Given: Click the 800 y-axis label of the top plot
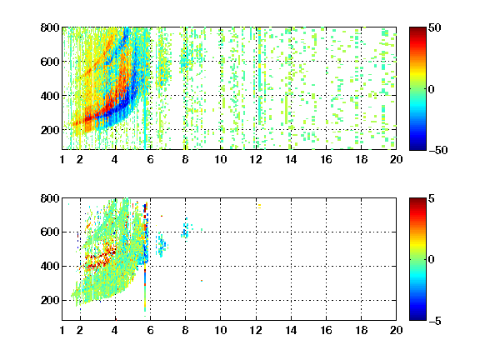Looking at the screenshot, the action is pos(50,27).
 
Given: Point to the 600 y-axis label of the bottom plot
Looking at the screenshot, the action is pos(50,232).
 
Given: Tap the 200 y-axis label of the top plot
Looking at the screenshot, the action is pos(50,130).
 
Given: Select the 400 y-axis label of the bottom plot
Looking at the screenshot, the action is pos(50,266).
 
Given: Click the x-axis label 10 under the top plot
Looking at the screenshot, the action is pos(220,159).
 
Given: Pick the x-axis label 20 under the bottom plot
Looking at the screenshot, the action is pos(396,330).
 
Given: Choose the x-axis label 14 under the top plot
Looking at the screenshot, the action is pos(291,159).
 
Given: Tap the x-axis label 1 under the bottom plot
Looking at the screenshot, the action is pos(62,330).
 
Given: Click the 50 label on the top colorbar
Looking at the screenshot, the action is pos(434,27).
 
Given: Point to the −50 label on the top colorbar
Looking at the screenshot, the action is pos(437,150).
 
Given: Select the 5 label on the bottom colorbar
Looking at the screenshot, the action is pos(432,198).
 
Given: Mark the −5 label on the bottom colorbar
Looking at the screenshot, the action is pos(435,321).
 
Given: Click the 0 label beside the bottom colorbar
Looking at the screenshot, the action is pos(432,260).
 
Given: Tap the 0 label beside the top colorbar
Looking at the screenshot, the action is pos(432,89).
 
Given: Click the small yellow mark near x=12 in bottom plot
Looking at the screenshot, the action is pos(259,207).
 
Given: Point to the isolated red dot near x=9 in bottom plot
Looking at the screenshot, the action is pos(202,280).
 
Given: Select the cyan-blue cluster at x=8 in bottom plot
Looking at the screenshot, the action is pos(186,230).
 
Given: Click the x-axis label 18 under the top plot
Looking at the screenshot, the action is pos(361,159).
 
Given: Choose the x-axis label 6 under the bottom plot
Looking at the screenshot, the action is pos(150,330).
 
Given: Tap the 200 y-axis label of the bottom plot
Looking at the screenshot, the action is pos(50,300).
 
